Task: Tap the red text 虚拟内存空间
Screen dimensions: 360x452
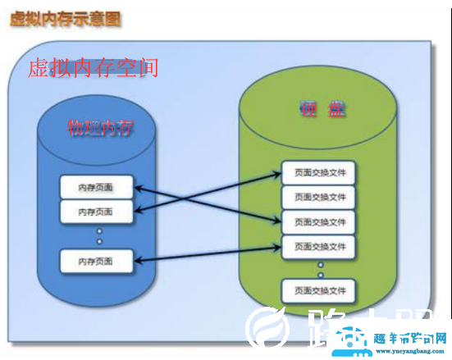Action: [x=93, y=67]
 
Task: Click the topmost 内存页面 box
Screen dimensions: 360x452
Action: [x=96, y=188]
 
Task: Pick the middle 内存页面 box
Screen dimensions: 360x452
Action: [x=96, y=212]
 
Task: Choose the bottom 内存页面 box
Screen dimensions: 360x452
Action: [x=96, y=261]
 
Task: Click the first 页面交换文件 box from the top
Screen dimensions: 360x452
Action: [x=319, y=173]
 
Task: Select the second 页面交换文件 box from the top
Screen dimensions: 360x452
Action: [x=319, y=197]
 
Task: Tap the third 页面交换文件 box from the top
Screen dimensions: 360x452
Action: [x=319, y=221]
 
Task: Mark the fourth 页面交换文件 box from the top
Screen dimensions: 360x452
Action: [x=319, y=245]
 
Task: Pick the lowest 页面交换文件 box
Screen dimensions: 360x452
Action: [x=319, y=289]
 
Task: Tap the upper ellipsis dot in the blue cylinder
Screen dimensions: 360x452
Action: [x=99, y=230]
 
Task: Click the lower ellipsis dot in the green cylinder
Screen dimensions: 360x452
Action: [x=321, y=275]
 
